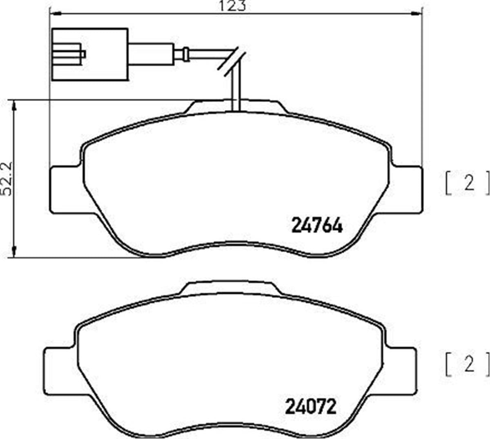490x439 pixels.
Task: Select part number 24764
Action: click(316, 225)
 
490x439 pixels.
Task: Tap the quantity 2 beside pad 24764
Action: click(469, 184)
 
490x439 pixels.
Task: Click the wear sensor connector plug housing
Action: click(90, 54)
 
